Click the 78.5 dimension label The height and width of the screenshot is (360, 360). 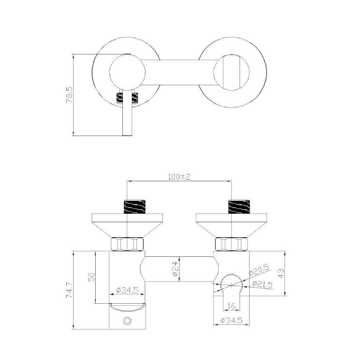pyautogui.click(x=69, y=94)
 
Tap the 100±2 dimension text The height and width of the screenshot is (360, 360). pyautogui.click(x=179, y=177)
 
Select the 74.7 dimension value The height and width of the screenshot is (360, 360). pyautogui.click(x=69, y=290)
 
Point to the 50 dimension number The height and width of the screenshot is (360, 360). pyautogui.click(x=91, y=277)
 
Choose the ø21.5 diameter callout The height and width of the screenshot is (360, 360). pyautogui.click(x=262, y=284)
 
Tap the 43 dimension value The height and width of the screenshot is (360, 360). pyautogui.click(x=281, y=273)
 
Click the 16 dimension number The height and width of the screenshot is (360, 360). pyautogui.click(x=231, y=306)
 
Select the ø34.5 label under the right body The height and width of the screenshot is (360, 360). pyautogui.click(x=232, y=320)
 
